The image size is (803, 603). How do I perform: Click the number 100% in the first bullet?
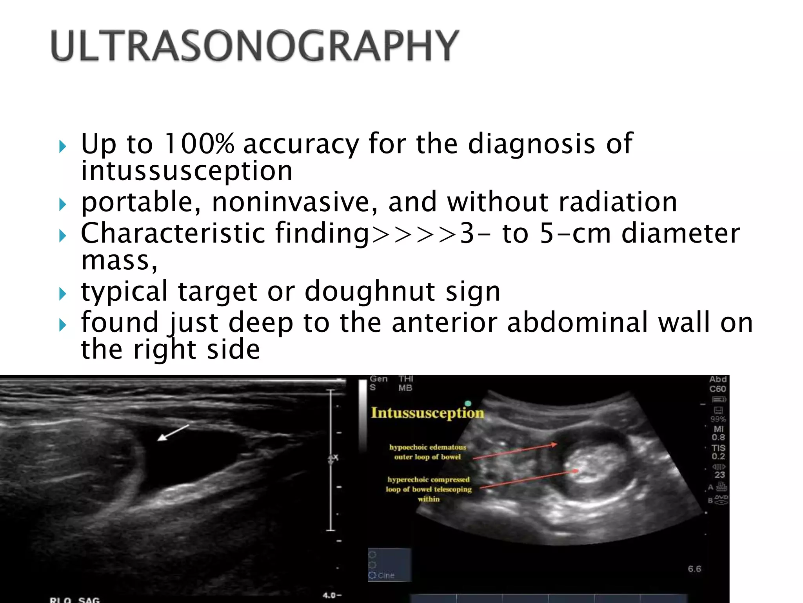pyautogui.click(x=199, y=144)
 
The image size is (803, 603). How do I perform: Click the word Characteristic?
pyautogui.click(x=173, y=233)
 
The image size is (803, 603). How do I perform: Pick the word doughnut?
pyautogui.click(x=369, y=291)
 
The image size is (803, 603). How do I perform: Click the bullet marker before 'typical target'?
pyautogui.click(x=63, y=294)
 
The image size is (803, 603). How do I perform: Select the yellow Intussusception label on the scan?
pyautogui.click(x=427, y=413)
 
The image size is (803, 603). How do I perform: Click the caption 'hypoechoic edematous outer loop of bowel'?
pyautogui.click(x=427, y=452)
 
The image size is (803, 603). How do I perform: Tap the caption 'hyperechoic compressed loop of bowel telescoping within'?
pyautogui.click(x=429, y=489)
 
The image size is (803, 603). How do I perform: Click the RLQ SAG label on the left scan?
pyautogui.click(x=74, y=599)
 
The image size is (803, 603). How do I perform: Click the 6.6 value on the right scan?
pyautogui.click(x=694, y=569)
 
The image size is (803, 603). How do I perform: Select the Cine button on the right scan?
pyautogui.click(x=386, y=576)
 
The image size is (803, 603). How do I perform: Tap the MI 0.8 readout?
pyautogui.click(x=718, y=433)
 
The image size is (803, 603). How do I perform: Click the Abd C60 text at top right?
pyautogui.click(x=718, y=384)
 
